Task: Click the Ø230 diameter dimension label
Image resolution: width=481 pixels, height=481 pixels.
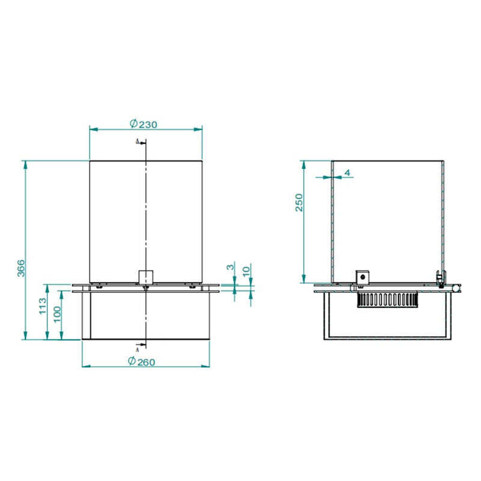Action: (143, 124)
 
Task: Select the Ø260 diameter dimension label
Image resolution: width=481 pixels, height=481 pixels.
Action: (141, 361)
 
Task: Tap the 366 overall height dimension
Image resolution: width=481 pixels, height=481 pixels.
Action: (21, 268)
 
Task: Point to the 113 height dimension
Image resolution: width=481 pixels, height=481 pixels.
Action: (43, 306)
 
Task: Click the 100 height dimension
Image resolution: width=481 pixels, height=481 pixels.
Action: (57, 314)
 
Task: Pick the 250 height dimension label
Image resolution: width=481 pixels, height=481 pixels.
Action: (299, 203)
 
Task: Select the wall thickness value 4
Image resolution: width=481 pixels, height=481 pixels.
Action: (348, 173)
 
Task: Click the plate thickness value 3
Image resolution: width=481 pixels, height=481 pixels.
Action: (230, 267)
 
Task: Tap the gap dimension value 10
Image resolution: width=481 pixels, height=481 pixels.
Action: (247, 271)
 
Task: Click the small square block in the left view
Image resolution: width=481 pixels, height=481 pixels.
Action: (146, 277)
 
